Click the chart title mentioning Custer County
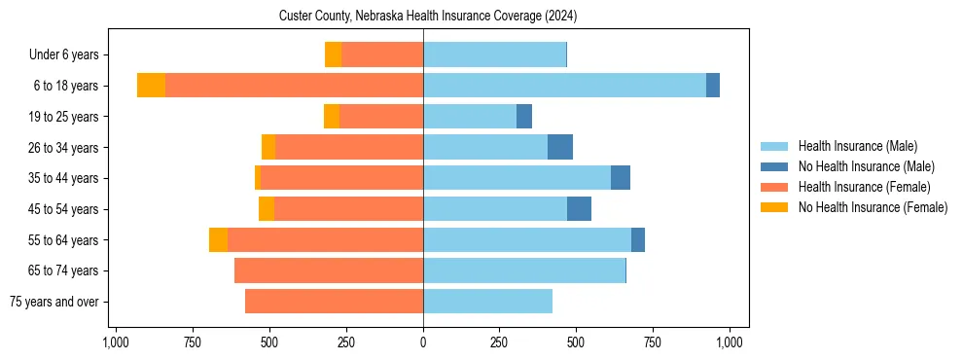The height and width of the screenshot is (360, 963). [428, 17]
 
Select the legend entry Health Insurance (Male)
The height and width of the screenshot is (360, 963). [857, 146]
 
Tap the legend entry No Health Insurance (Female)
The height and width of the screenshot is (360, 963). [873, 207]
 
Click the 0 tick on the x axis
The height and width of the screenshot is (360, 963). [423, 342]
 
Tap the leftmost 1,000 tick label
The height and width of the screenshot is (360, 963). [116, 342]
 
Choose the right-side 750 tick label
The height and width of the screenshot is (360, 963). [653, 342]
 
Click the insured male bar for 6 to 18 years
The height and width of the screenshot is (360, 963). [564, 86]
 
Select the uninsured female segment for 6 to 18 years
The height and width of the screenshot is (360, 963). [151, 86]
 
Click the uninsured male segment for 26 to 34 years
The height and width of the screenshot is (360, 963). [560, 147]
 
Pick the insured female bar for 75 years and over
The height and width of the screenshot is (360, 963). [334, 302]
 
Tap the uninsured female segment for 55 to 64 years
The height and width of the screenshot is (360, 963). [218, 240]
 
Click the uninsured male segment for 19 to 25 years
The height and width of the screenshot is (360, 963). [524, 117]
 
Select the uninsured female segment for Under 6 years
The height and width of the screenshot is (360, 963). [333, 55]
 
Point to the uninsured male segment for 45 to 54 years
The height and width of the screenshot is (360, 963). [579, 209]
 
